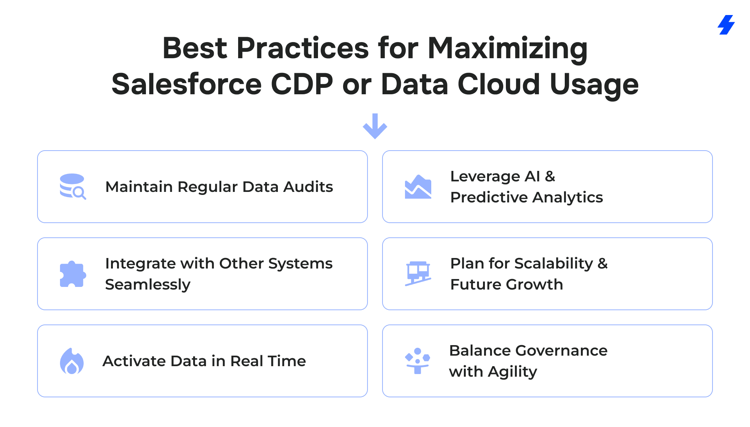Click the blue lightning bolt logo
726,25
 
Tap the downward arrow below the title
375,126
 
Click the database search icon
73,186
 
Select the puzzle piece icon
73,274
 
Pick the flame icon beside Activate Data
72,361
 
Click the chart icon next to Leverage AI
418,187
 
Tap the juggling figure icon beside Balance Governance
417,361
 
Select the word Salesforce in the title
186,84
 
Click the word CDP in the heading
302,84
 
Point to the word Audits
308,187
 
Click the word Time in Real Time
286,361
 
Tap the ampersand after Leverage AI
550,176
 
